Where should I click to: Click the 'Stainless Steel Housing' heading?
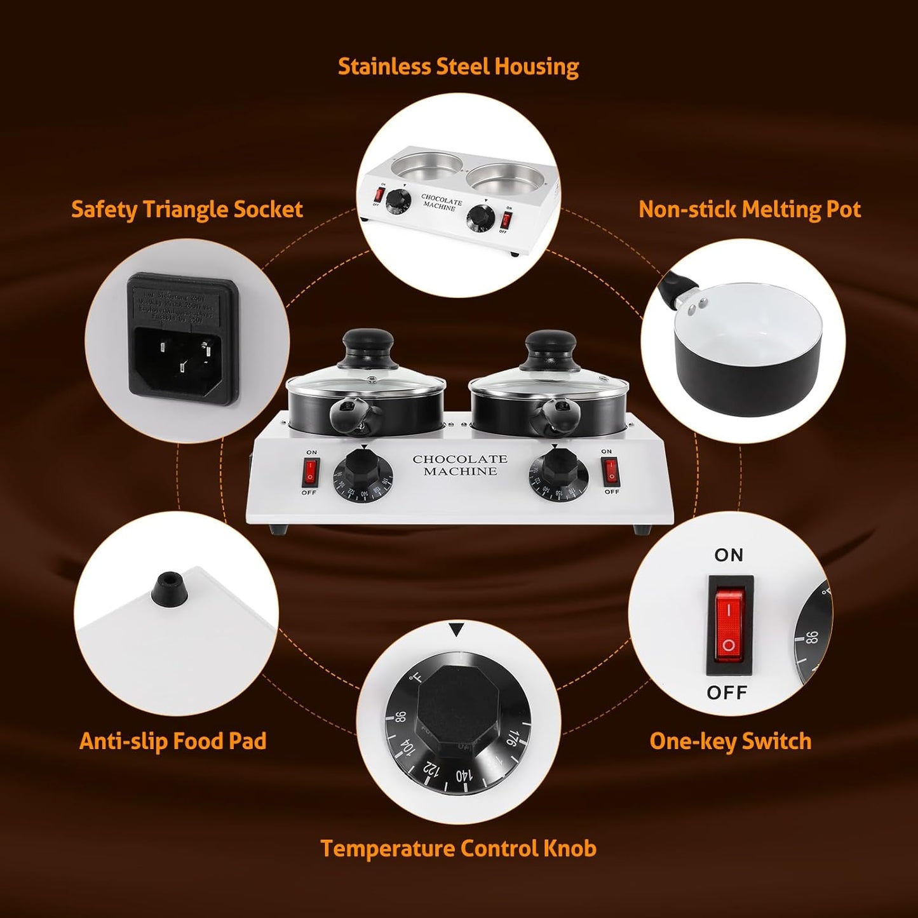click(458, 67)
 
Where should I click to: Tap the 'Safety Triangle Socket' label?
click(187, 210)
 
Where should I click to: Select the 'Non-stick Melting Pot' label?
click(750, 210)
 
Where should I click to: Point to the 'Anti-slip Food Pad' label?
click(173, 741)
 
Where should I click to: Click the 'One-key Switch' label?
click(731, 741)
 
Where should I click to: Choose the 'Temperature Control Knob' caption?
click(458, 849)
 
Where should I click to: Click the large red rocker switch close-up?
click(729, 624)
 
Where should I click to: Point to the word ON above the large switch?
click(729, 555)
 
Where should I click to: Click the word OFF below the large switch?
click(727, 692)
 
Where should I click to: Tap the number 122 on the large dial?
click(431, 768)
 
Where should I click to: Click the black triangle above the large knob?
click(457, 630)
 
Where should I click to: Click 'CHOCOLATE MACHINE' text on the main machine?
click(460, 465)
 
